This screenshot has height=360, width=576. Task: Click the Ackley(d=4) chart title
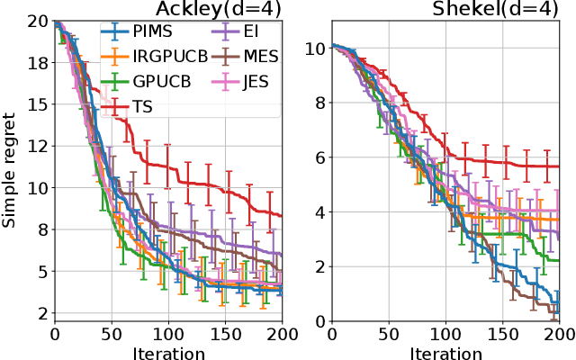[x=215, y=9]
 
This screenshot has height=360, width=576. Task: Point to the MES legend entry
[x=259, y=56]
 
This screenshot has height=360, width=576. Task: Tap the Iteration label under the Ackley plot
[x=168, y=350]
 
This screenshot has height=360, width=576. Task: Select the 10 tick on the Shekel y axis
[x=316, y=47]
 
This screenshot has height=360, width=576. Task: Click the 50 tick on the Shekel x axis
[x=389, y=332]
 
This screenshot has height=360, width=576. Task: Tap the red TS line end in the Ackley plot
[x=282, y=216]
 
